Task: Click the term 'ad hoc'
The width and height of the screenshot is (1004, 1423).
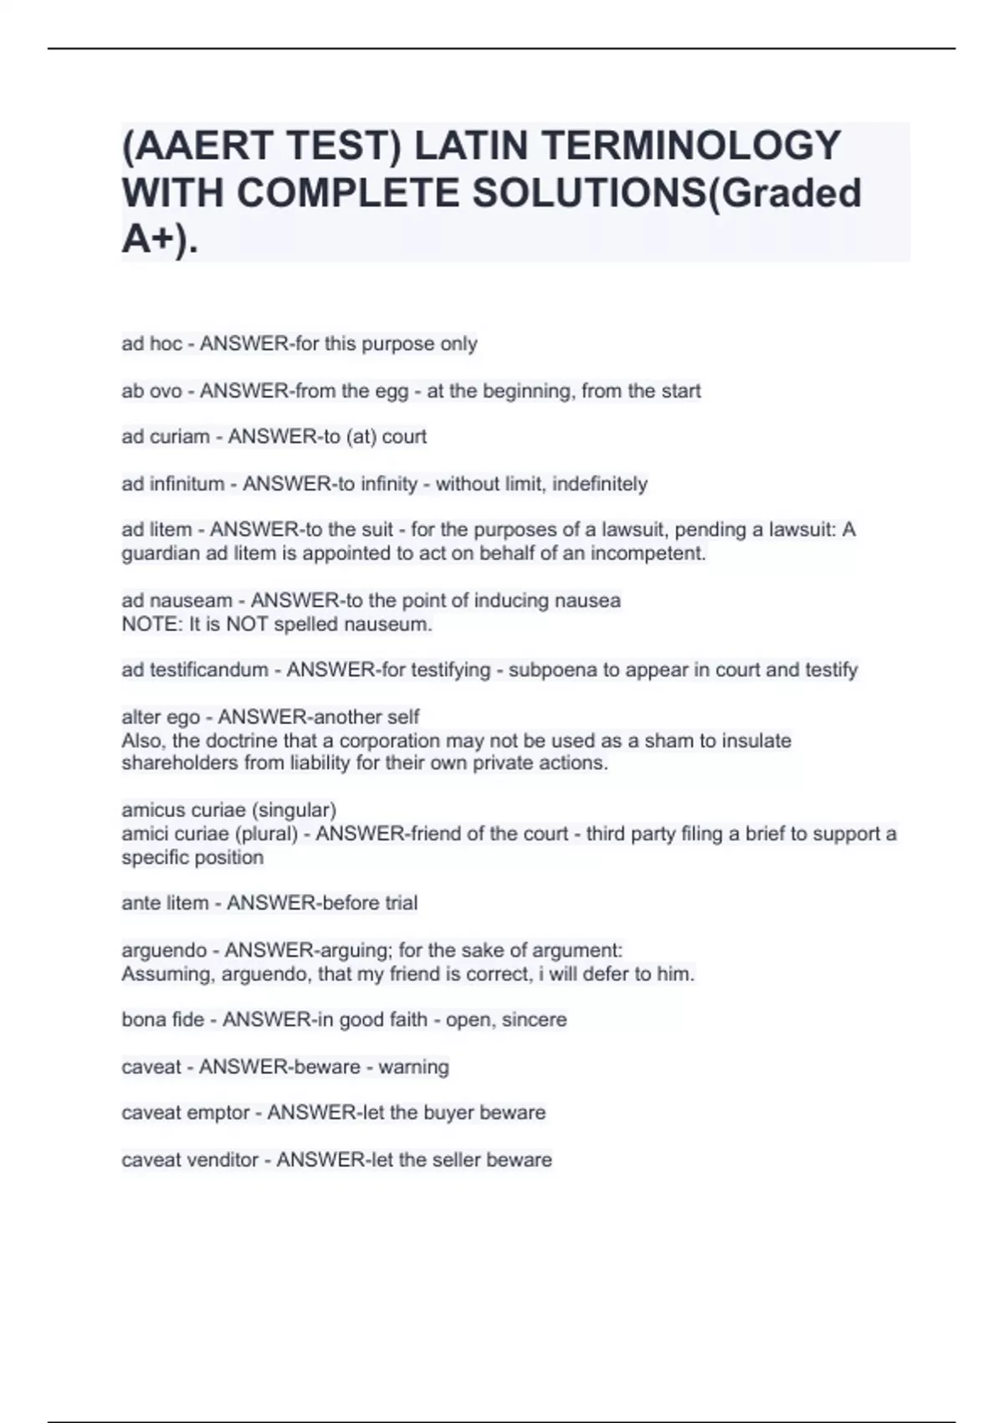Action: pyautogui.click(x=151, y=344)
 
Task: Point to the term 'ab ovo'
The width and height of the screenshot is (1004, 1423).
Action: pyautogui.click(x=151, y=391)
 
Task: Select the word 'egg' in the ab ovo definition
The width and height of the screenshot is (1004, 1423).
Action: pyautogui.click(x=392, y=391)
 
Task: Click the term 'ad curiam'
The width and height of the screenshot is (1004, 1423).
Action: pyautogui.click(x=166, y=437)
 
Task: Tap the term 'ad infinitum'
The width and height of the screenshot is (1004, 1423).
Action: pyautogui.click(x=173, y=484)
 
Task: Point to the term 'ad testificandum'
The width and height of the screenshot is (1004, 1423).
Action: pyautogui.click(x=195, y=670)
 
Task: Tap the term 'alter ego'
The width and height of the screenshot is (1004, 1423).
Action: pyautogui.click(x=161, y=717)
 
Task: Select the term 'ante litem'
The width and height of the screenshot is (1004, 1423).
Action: pyautogui.click(x=165, y=903)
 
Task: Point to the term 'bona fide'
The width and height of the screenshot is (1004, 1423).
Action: pyautogui.click(x=163, y=1020)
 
